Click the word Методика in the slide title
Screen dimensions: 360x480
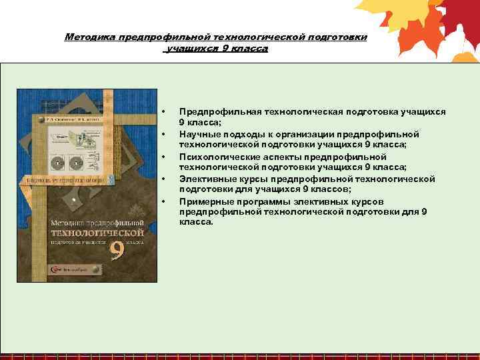pyautogui.click(x=90, y=37)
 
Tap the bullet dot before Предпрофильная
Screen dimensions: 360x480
pyautogui.click(x=163, y=111)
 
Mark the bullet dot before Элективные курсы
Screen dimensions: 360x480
pyautogui.click(x=163, y=179)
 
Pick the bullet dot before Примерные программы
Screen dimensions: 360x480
pyautogui.click(x=163, y=201)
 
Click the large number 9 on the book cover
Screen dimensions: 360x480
pyautogui.click(x=117, y=253)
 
